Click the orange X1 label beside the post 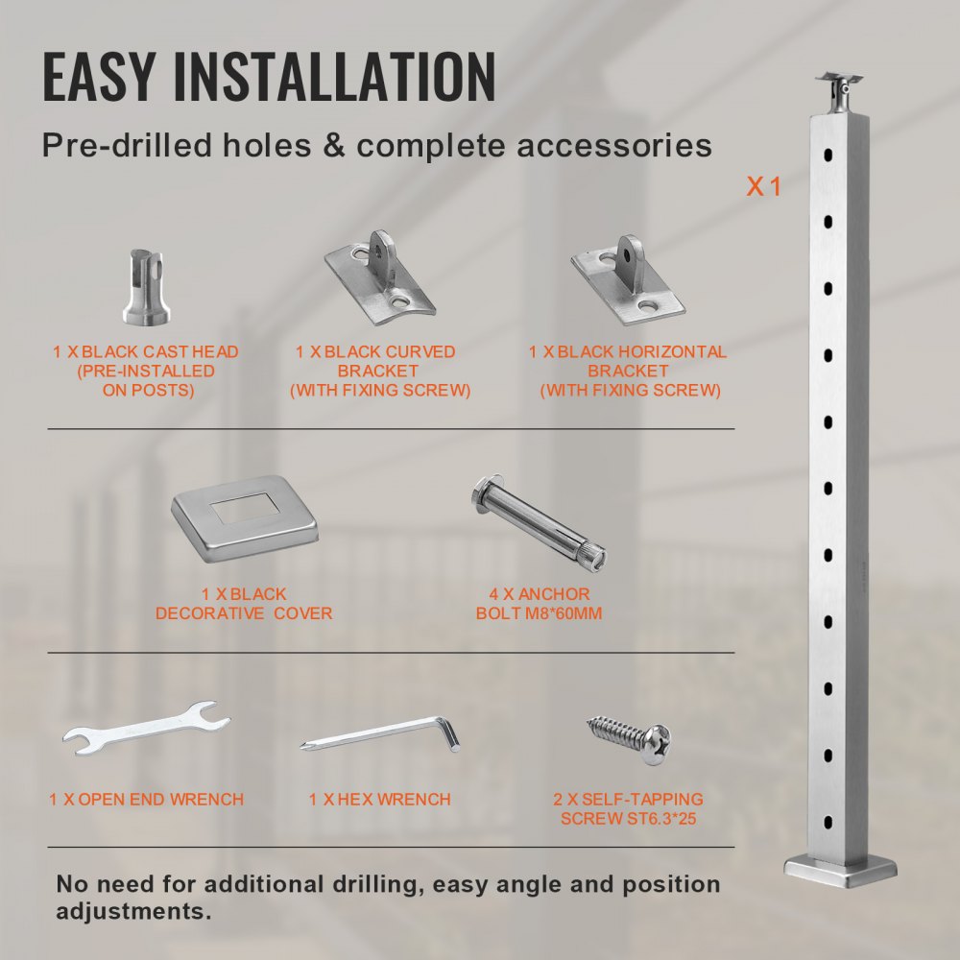coord(764,187)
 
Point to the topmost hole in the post coord(827,154)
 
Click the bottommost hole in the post coord(827,822)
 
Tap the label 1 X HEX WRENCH coord(380,799)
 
